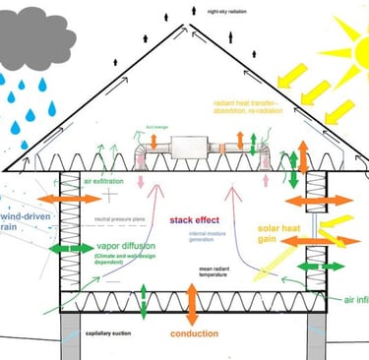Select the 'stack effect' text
[x=193, y=219]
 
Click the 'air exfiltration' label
[x=107, y=180]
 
